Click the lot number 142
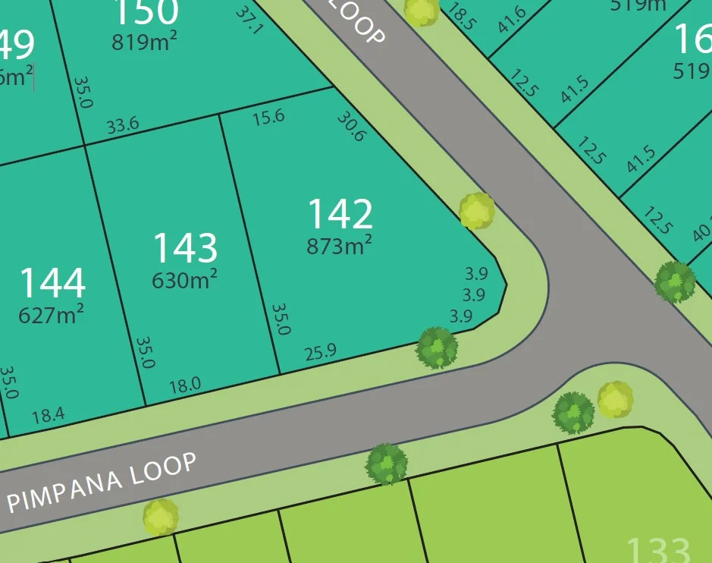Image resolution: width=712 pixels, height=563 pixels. tap(340, 214)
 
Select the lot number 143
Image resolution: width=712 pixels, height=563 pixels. tap(185, 248)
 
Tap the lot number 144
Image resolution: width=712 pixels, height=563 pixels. tap(52, 283)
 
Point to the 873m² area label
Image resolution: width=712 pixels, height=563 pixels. tap(339, 245)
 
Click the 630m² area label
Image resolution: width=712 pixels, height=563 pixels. tap(185, 279)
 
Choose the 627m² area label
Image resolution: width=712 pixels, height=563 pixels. tap(51, 313)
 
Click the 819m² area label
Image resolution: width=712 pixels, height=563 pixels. tap(145, 42)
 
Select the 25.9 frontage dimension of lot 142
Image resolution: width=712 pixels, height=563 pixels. tap(320, 352)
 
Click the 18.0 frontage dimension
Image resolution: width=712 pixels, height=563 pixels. tap(185, 385)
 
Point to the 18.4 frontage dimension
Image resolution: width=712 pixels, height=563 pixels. tap(49, 415)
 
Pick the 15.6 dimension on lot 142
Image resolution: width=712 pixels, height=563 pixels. tap(268, 117)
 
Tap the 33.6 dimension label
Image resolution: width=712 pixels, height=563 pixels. tap(122, 126)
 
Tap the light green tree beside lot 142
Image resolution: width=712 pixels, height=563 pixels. tap(477, 211)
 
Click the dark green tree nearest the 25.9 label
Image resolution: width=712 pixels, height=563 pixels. tap(438, 348)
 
